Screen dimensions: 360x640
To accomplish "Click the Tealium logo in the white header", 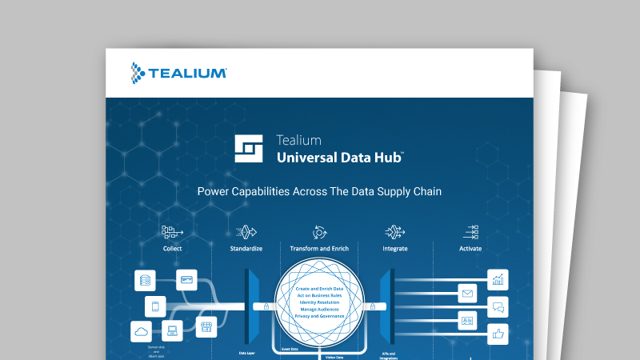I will tap(178, 73).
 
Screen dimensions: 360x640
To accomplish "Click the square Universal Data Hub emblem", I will tap(250, 148).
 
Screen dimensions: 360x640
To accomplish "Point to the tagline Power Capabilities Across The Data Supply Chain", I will tap(319, 192).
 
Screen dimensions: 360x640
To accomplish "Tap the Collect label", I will tap(172, 249).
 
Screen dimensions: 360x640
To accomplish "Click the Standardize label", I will tap(246, 249).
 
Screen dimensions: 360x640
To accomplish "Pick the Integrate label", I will tap(395, 249).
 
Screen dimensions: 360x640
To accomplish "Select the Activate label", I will tap(470, 249).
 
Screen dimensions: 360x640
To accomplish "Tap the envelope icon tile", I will tap(468, 294).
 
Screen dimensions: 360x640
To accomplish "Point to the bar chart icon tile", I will tap(498, 280).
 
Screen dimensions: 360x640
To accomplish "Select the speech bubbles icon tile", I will tap(498, 306).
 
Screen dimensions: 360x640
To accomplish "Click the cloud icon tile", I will tap(142, 331).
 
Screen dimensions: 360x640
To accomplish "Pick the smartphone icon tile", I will tap(156, 306).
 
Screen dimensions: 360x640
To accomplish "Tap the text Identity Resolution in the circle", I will tap(320, 302).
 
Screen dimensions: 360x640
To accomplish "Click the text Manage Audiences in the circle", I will tap(320, 309).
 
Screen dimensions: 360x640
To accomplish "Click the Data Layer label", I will tap(247, 352).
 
